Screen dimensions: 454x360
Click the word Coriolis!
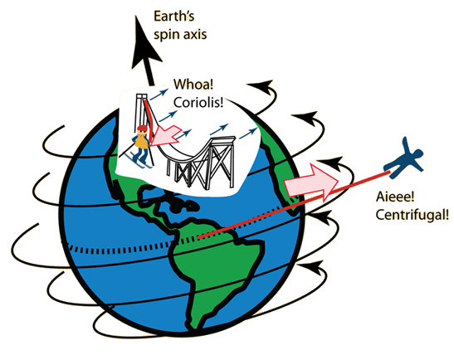(x=198, y=102)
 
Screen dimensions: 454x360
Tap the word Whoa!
(x=193, y=85)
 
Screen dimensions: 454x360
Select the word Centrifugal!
(x=413, y=215)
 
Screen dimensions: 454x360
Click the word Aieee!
(x=395, y=197)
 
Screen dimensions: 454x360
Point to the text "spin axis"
(x=180, y=35)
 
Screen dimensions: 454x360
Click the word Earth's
(x=173, y=17)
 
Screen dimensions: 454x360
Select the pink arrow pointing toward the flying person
(x=311, y=182)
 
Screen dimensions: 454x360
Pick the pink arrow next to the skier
(x=166, y=135)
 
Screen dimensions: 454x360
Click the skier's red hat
(x=142, y=129)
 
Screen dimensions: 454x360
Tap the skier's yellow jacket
(x=142, y=142)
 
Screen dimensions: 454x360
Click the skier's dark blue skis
(x=141, y=161)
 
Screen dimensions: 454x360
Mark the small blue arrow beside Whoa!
(x=159, y=95)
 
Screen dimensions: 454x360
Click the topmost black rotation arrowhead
(x=262, y=86)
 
